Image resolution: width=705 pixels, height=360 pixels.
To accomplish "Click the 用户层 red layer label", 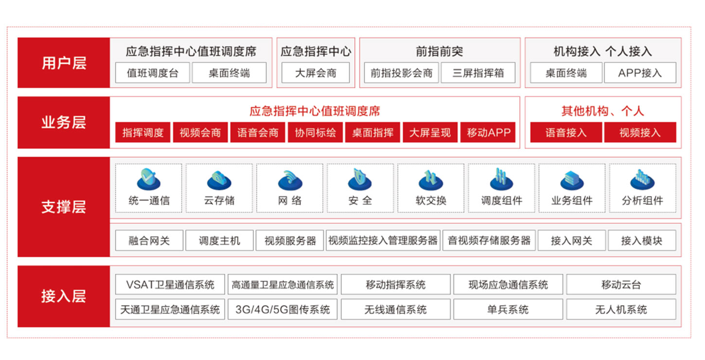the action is [x=64, y=63].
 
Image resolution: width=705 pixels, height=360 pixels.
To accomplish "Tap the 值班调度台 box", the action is [x=153, y=73].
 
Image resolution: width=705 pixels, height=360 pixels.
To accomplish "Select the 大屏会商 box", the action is [x=316, y=73].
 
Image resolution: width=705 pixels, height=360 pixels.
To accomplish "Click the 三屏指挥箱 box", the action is [x=478, y=73].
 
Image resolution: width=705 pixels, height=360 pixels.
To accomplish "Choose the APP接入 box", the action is [x=640, y=73].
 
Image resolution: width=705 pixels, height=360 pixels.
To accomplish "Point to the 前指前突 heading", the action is [x=440, y=51].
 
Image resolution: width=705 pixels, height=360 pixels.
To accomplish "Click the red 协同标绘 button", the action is [x=315, y=132].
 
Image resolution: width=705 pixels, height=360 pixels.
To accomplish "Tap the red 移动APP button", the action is [x=488, y=132].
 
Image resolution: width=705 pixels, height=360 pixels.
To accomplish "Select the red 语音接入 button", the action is [x=566, y=132].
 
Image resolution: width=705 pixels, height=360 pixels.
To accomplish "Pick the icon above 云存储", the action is [x=219, y=180].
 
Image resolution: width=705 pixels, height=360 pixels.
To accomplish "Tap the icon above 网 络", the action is [x=290, y=180].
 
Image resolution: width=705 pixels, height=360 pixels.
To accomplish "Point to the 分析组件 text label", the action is [x=642, y=200].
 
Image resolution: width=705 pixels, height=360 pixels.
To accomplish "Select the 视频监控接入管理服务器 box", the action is [x=383, y=241].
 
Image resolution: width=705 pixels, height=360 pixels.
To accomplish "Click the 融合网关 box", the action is [x=149, y=241].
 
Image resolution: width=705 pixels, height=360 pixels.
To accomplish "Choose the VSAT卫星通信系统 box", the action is [x=170, y=285].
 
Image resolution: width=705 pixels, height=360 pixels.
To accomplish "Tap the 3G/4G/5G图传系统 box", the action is [x=282, y=309].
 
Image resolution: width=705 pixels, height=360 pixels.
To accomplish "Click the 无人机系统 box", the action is [x=621, y=309].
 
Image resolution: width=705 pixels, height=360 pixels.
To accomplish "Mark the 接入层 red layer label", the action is [x=64, y=296].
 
